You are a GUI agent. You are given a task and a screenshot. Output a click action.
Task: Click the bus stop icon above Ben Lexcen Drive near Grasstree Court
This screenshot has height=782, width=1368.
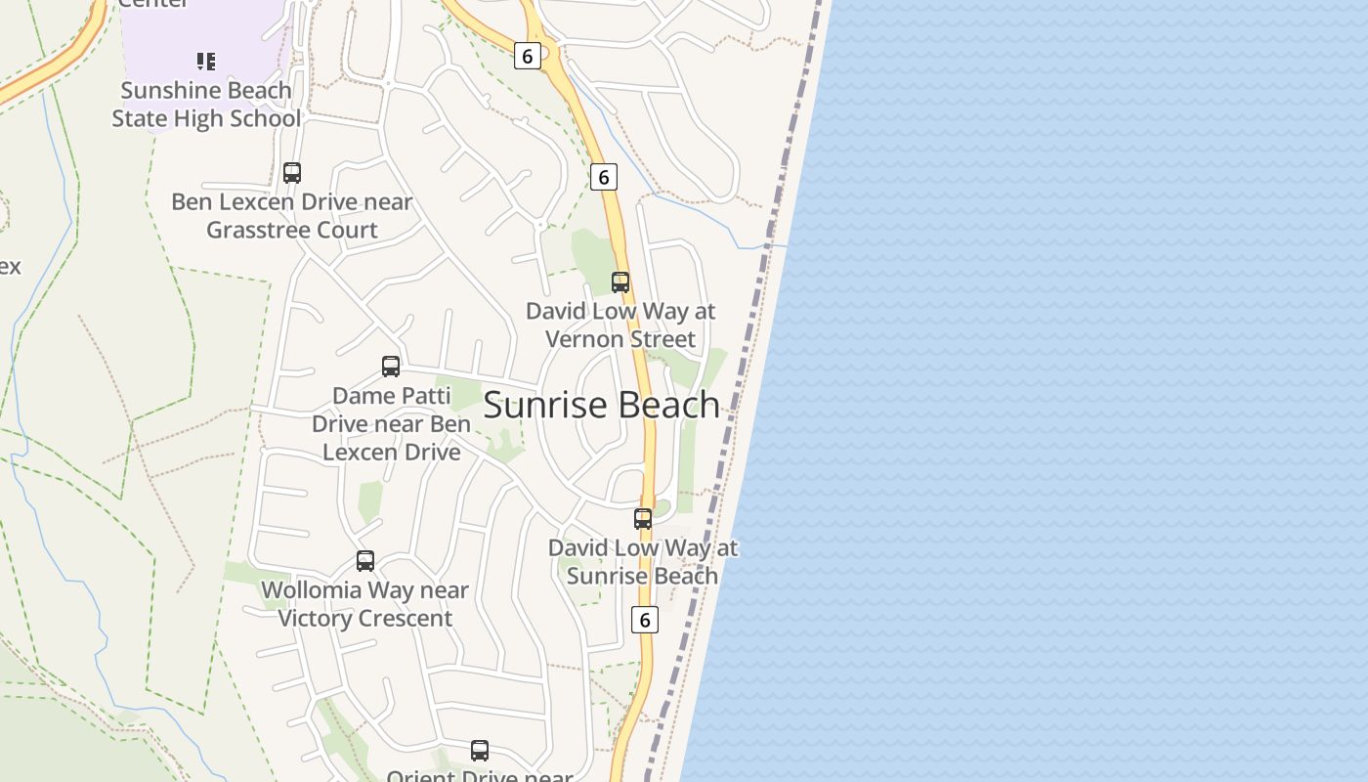(x=292, y=173)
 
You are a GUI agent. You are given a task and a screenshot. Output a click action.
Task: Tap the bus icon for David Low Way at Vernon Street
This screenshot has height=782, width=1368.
(x=620, y=282)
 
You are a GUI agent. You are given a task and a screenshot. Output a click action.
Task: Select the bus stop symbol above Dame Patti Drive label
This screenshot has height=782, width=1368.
(x=391, y=367)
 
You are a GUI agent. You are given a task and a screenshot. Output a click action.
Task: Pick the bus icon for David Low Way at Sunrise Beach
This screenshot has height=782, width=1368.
(x=643, y=519)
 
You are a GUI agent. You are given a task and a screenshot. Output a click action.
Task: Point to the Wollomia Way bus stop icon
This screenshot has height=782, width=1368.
(x=365, y=561)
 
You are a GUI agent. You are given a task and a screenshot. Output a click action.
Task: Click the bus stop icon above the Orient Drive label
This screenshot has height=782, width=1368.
(x=480, y=751)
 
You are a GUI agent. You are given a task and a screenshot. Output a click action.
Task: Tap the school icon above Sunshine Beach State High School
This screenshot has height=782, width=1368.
(x=206, y=62)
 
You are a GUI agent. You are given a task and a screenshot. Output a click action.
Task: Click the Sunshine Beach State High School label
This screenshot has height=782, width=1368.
(x=206, y=105)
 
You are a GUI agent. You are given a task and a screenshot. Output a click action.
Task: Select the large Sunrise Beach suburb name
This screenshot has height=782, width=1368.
(x=602, y=405)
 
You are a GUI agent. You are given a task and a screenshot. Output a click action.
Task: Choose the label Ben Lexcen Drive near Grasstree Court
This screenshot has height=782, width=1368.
(x=292, y=216)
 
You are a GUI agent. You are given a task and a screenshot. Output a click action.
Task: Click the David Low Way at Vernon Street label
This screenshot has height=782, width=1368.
(x=620, y=326)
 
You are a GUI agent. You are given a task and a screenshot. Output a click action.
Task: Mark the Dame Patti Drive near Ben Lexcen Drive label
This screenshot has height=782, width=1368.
(x=391, y=424)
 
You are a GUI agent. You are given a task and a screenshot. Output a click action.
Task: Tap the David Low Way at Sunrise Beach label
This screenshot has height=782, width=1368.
(x=643, y=562)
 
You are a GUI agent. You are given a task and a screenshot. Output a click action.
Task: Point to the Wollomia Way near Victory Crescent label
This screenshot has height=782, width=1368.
(x=365, y=604)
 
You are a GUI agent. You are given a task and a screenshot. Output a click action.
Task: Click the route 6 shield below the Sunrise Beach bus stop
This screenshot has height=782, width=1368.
(x=644, y=620)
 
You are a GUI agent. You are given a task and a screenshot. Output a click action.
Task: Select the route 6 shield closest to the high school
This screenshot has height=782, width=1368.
(x=527, y=56)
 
